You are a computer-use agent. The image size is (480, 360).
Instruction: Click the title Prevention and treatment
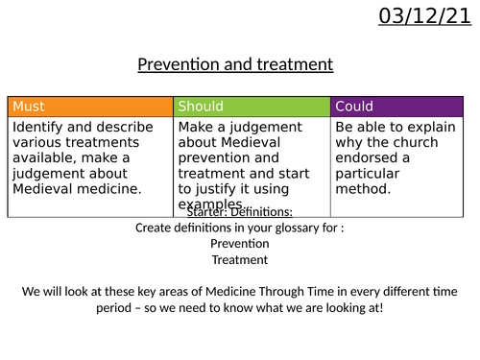click(x=235, y=65)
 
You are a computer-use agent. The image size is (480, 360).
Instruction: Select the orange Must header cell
click(x=90, y=106)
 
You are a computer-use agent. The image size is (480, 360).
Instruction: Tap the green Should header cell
click(x=252, y=106)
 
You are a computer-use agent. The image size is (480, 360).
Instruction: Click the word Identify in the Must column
click(x=39, y=125)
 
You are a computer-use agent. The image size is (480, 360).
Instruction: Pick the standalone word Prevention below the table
click(x=241, y=243)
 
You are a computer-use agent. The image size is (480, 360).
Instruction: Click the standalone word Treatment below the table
click(x=240, y=259)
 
